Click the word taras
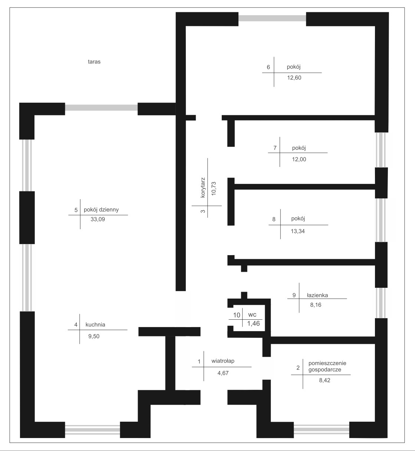pos(94,62)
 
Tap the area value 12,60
pos(294,78)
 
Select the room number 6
pos(268,67)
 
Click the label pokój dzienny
pos(101,210)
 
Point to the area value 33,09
pos(98,219)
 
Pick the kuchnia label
pos(95,325)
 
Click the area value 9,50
pos(94,336)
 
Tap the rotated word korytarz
pos(203,188)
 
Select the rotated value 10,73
pos(214,188)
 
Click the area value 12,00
pos(299,159)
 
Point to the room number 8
pos(274,219)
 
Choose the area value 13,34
pos(298,231)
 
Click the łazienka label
pos(317,295)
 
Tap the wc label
pos(252,315)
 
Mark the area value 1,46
pos(253,323)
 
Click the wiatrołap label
pos(223,361)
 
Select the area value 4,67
pos(223,373)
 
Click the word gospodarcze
pos(325,370)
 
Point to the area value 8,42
pos(325,380)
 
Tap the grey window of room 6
pos(272,18)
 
